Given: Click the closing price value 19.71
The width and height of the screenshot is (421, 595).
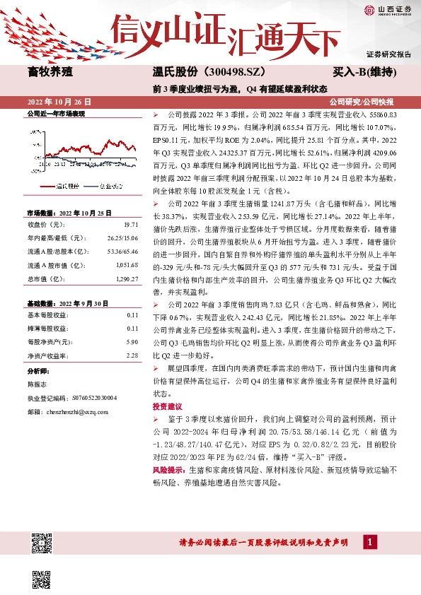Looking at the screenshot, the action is tap(132, 224).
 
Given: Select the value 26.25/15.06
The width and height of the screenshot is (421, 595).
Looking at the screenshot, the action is tap(123, 237).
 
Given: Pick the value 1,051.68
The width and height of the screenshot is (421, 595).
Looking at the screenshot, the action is tap(126, 266).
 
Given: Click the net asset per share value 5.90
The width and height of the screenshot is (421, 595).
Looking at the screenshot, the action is tap(132, 341).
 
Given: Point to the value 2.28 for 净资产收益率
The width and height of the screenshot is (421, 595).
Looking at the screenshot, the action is tap(132, 355).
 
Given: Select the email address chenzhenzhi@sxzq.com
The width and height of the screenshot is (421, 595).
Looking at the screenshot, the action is tap(78, 411).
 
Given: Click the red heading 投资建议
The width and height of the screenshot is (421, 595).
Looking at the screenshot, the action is tap(166, 407).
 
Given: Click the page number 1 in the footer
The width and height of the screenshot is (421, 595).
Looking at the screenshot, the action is tap(369, 541).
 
